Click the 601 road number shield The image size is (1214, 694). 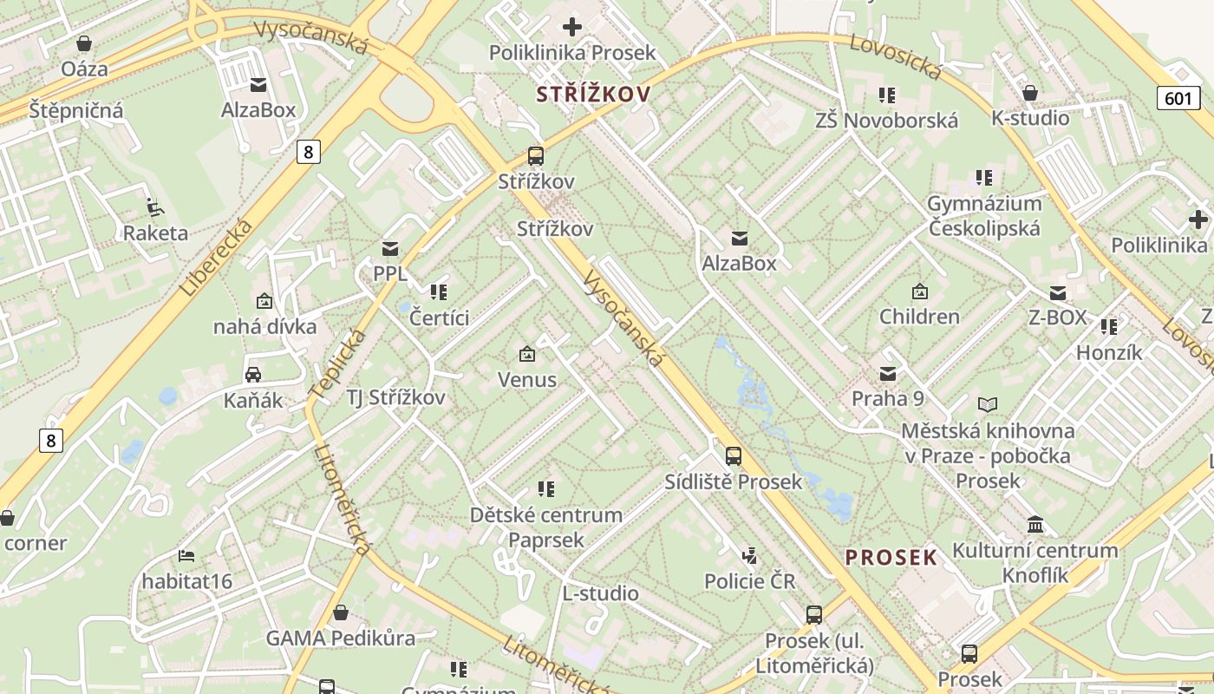(1178, 98)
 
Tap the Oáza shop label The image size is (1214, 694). (85, 68)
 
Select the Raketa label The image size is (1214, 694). (155, 232)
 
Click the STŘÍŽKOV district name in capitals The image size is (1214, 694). (593, 94)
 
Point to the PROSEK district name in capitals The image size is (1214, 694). (891, 557)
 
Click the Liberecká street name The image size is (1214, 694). (218, 258)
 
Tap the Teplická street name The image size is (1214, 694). (337, 364)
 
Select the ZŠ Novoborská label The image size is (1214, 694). (886, 120)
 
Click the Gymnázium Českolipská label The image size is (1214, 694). (984, 215)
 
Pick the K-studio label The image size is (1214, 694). (1030, 117)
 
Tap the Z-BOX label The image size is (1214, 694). (1057, 317)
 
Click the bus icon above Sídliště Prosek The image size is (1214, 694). (734, 455)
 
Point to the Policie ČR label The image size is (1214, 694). (749, 580)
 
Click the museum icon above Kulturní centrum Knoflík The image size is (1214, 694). (1035, 525)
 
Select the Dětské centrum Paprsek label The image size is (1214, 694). (545, 527)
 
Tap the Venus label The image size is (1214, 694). (526, 379)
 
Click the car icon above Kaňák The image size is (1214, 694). (253, 375)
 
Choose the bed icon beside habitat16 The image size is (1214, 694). (186, 555)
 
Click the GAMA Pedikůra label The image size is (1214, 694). (340, 638)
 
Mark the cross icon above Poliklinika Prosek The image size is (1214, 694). (572, 27)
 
